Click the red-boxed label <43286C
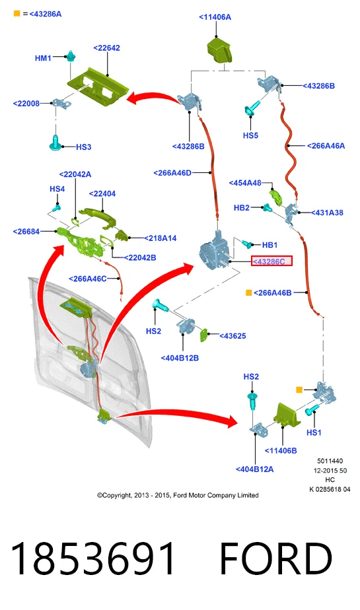[271, 261]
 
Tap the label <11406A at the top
[215, 17]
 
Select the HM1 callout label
[43, 58]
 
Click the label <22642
[106, 48]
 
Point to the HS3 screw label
[83, 147]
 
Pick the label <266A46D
[172, 173]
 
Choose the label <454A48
[245, 183]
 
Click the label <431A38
[327, 213]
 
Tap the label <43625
[233, 336]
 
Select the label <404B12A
[254, 469]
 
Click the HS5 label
[250, 135]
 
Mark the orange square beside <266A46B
[248, 292]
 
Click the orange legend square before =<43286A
[17, 14]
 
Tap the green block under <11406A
[219, 50]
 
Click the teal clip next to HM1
[71, 57]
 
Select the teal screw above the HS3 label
[55, 143]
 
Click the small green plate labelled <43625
[204, 335]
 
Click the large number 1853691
[92, 559]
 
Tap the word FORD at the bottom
[276, 559]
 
